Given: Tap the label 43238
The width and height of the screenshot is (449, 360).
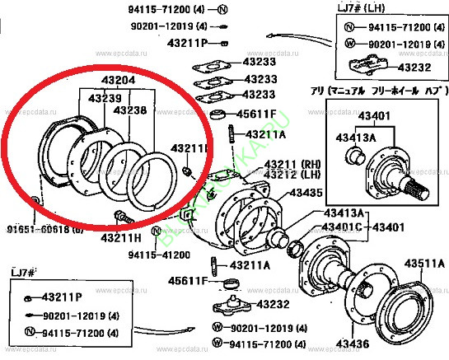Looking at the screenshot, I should click(129, 110).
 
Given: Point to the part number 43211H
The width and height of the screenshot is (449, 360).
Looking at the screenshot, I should click(122, 237).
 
